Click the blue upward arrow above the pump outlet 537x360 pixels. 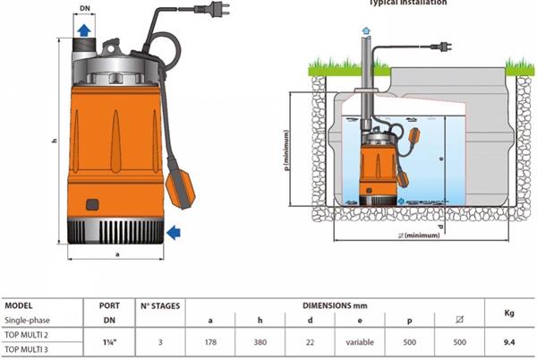pos(84,31)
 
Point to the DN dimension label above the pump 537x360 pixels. pos(84,8)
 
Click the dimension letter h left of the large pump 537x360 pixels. pos(55,141)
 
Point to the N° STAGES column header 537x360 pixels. pos(159,304)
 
